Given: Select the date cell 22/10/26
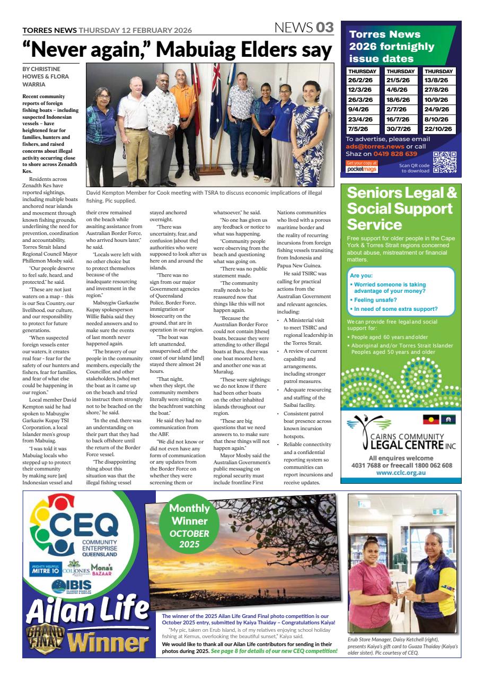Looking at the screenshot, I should pos(438,128).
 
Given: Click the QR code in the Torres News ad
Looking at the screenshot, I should pos(444,162).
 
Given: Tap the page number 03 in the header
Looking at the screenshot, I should pos(325,28).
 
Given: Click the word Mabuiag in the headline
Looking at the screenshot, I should pos(204,50).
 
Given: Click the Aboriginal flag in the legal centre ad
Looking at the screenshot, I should pos(430,420).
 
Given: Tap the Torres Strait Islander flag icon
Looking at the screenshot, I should pos(448,420).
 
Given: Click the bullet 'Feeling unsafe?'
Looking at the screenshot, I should pos(374,300).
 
